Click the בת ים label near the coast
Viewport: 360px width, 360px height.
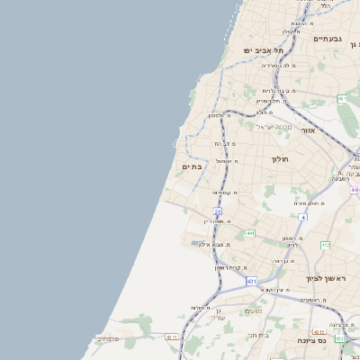[x=193, y=166]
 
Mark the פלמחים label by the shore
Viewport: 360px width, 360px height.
[x=106, y=338]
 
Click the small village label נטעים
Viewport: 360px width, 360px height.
[x=254, y=311]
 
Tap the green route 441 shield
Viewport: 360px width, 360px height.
[x=249, y=233]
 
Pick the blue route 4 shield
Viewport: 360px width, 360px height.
[x=304, y=217]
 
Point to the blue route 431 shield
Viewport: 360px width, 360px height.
[x=252, y=281]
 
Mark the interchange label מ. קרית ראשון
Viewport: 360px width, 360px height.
[x=230, y=267]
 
